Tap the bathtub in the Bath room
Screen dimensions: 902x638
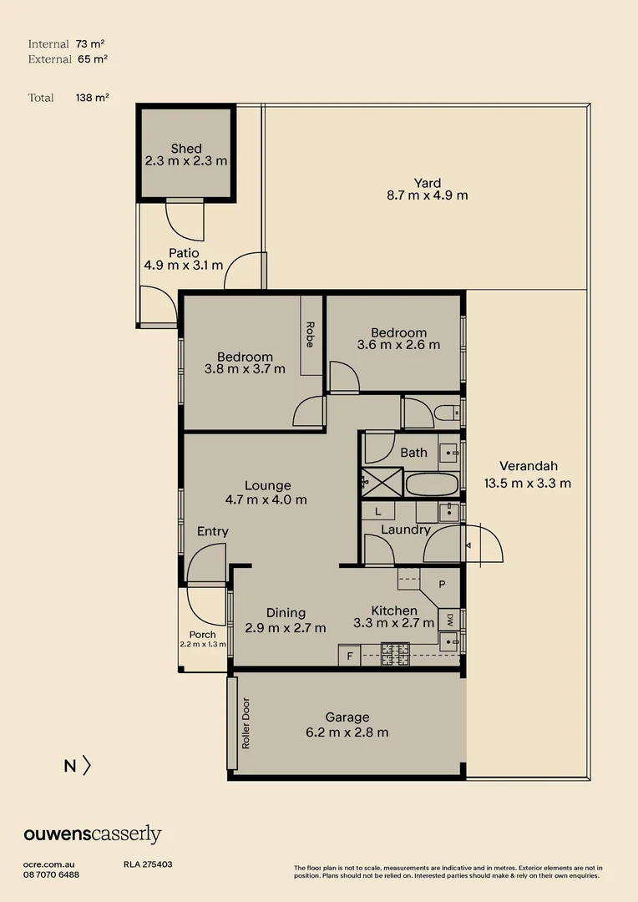(432, 484)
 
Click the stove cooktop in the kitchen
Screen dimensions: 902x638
(395, 654)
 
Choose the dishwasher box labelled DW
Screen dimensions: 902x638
(448, 619)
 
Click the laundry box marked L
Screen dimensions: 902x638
(377, 511)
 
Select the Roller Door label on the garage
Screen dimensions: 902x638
(246, 722)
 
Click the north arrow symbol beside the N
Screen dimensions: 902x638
(86, 765)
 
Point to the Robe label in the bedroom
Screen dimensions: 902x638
(310, 334)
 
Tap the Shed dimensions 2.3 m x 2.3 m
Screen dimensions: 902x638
(186, 161)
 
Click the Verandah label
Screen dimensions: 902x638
(528, 466)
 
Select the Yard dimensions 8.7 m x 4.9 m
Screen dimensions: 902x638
(427, 195)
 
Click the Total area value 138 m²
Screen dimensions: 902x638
(92, 98)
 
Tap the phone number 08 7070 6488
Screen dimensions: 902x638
(51, 874)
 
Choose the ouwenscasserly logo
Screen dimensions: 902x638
(92, 834)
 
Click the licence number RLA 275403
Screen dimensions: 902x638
(148, 865)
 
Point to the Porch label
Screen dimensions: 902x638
(202, 635)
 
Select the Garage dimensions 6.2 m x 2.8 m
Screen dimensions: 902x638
(347, 732)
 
